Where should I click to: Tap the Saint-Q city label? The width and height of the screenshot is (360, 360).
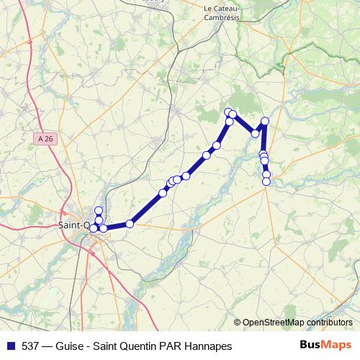(73, 225)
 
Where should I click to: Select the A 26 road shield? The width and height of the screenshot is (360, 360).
(44, 138)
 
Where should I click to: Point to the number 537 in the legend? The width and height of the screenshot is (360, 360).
(31, 346)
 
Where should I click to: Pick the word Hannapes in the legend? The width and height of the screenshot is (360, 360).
(210, 346)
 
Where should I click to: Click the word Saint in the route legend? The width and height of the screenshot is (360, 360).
(109, 346)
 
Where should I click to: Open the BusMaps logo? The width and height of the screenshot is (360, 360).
(325, 346)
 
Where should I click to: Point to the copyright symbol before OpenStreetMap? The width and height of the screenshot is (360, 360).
(238, 323)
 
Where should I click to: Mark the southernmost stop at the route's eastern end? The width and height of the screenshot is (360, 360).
(266, 181)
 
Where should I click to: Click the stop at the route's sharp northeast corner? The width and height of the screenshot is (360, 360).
(265, 121)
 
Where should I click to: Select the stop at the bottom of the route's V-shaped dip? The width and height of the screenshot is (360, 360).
(255, 133)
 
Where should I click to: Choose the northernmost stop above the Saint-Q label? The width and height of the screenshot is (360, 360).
(99, 210)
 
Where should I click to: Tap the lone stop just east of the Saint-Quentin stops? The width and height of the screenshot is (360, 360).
(130, 224)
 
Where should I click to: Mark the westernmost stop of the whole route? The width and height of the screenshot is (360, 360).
(93, 228)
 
